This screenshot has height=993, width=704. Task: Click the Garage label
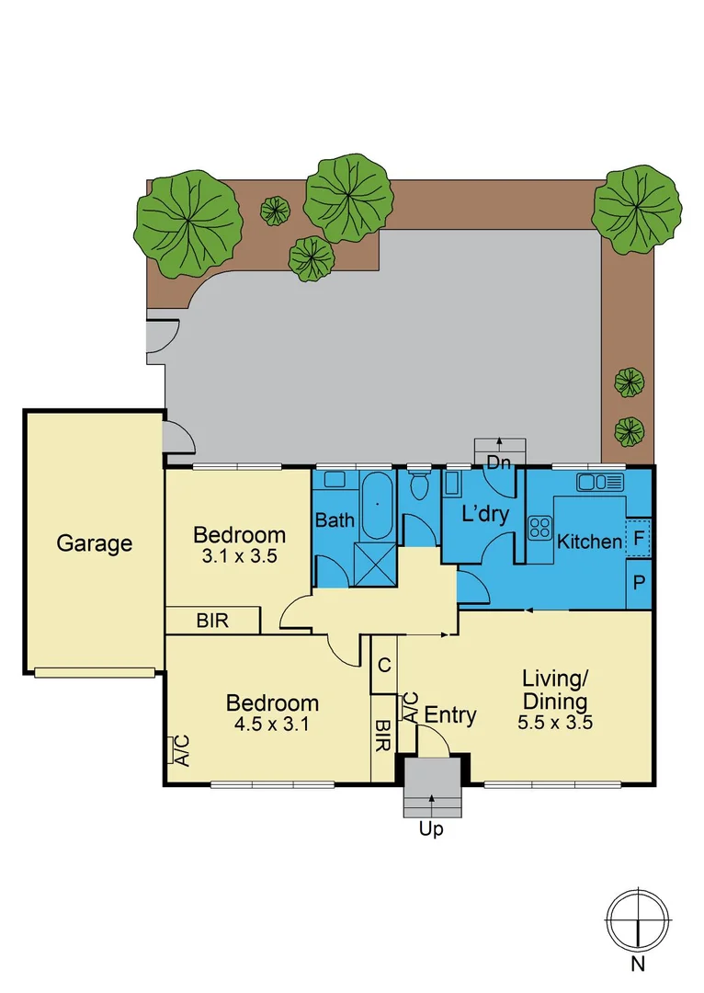[x=94, y=543]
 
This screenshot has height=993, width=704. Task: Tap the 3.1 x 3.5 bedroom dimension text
[x=238, y=555]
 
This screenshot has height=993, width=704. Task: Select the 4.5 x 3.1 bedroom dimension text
[x=272, y=723]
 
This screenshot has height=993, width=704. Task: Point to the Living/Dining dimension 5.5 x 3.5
[x=554, y=722]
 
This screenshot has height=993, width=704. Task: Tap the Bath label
[x=335, y=520]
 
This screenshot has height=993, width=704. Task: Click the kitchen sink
[x=599, y=482]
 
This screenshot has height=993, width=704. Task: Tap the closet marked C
[x=383, y=664]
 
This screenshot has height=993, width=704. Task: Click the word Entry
[x=450, y=715]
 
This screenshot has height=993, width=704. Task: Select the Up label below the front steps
[x=431, y=830]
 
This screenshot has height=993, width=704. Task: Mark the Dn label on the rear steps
[x=498, y=462]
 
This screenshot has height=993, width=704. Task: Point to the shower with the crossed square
[x=375, y=565]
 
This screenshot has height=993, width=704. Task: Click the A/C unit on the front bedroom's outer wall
[x=182, y=751]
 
